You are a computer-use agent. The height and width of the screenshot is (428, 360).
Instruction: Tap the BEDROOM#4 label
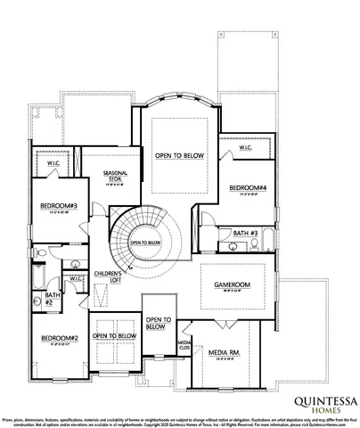(x=248, y=187)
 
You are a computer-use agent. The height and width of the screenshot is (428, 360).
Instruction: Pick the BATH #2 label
(x=53, y=298)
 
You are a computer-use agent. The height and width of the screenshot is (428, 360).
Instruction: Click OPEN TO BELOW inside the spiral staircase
(x=145, y=242)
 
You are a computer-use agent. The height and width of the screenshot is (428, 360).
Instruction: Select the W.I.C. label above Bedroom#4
(x=245, y=149)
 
